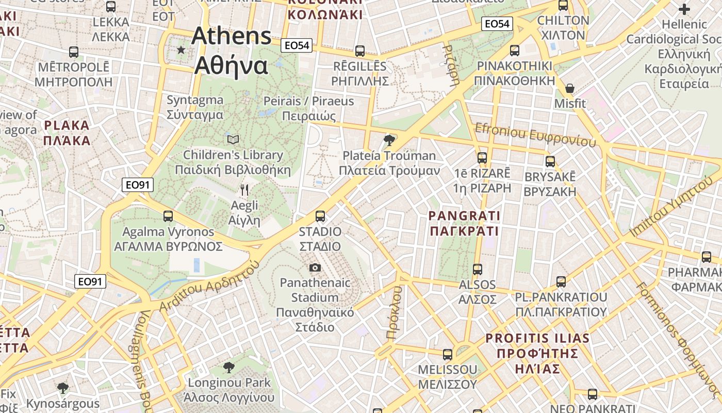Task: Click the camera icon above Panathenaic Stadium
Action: pos(315,267)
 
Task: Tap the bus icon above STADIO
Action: pos(320,216)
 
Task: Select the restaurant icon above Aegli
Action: pos(244,190)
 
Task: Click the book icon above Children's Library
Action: pos(233,139)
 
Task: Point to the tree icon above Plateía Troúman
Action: pos(389,140)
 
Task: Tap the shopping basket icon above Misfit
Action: pos(570,88)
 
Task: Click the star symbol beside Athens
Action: pos(181,50)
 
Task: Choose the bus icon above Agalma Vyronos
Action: pos(168,216)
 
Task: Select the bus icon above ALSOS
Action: pos(478,269)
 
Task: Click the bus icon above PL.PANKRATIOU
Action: pos(561,282)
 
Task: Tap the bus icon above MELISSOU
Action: pos(448,355)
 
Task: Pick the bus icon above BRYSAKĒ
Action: pos(550,162)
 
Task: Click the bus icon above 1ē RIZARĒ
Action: pos(482,158)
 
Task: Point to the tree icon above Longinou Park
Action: pos(229,368)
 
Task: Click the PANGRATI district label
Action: pos(465,223)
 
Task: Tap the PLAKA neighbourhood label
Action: pos(67,133)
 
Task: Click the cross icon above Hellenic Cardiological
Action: pos(684,9)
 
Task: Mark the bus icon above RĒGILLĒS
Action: pos(360,51)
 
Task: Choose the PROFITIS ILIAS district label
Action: pos(537,353)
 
